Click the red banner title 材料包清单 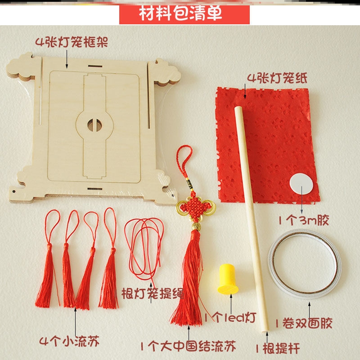pos(184,14)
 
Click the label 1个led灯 pos(229,318)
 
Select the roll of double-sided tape pos(304,263)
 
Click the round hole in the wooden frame pos(94,124)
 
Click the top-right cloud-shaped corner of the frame pos(166,72)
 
